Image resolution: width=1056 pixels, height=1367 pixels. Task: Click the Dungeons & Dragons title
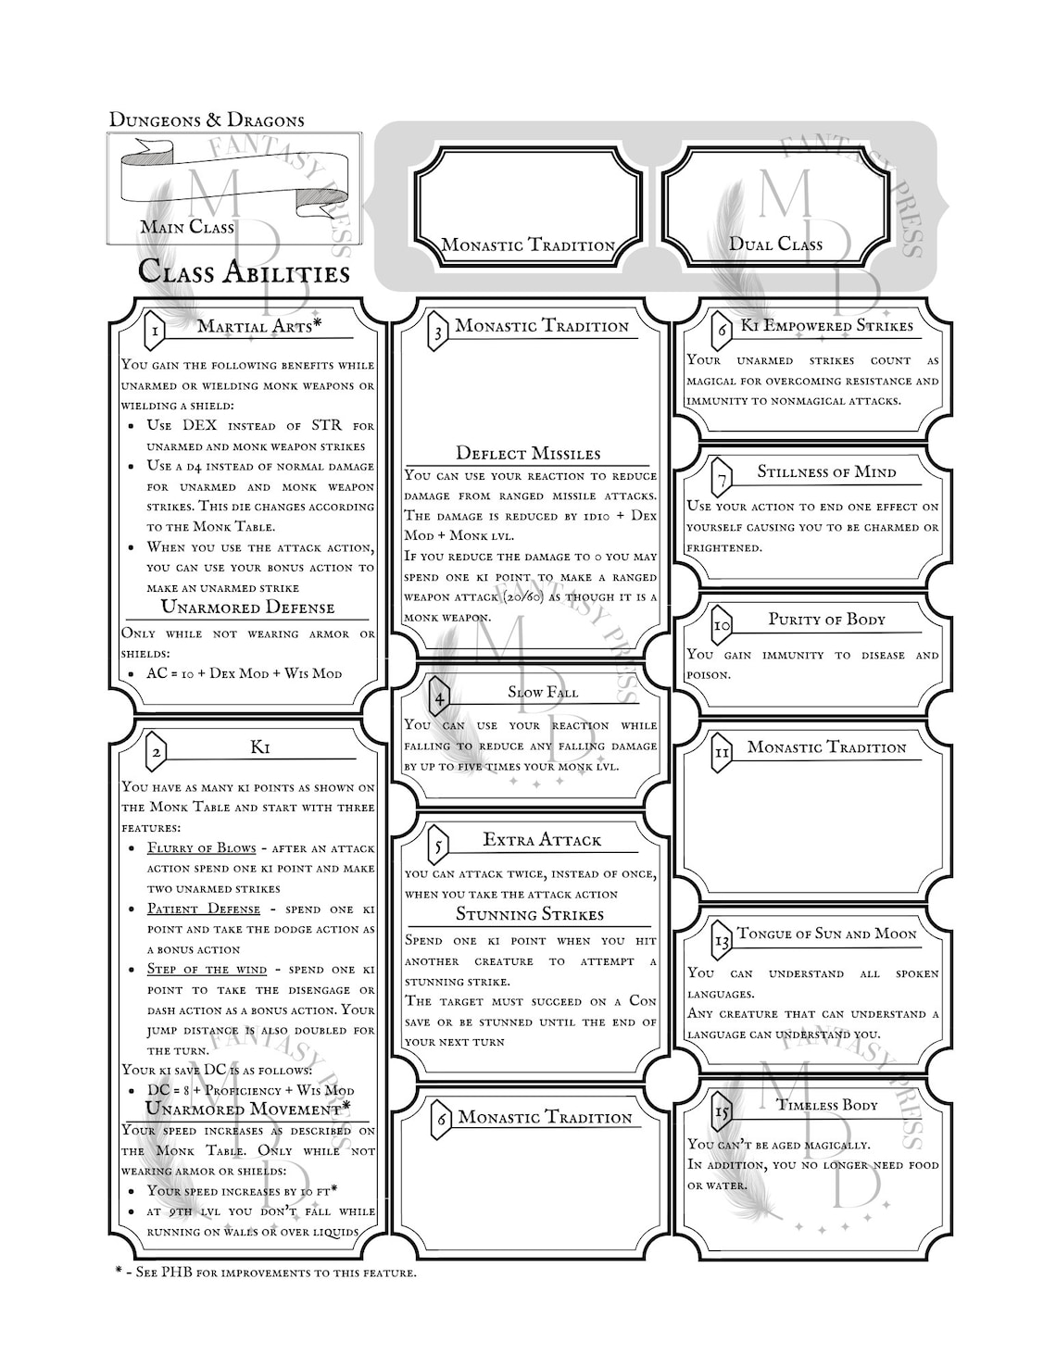point(207,119)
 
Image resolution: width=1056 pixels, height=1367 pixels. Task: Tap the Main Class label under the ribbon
point(187,227)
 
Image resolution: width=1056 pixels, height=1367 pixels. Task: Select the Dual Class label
point(775,244)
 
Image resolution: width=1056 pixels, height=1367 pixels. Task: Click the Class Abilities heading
point(244,271)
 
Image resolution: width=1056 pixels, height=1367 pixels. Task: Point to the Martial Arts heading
point(259,325)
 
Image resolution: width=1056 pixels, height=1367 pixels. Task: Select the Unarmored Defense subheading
point(247,608)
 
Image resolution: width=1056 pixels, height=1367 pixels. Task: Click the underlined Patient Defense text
point(204,909)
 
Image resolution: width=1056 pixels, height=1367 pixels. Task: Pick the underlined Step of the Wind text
point(207,970)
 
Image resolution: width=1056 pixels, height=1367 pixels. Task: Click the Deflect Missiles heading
point(528,453)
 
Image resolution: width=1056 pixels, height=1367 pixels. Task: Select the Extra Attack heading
point(542,840)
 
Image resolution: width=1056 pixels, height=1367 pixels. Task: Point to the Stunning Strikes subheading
point(529,914)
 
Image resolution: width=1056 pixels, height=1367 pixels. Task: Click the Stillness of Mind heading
point(826,471)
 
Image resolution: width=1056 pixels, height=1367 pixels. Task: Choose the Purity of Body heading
point(826,620)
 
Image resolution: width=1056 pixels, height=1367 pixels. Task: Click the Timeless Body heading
point(827,1105)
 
